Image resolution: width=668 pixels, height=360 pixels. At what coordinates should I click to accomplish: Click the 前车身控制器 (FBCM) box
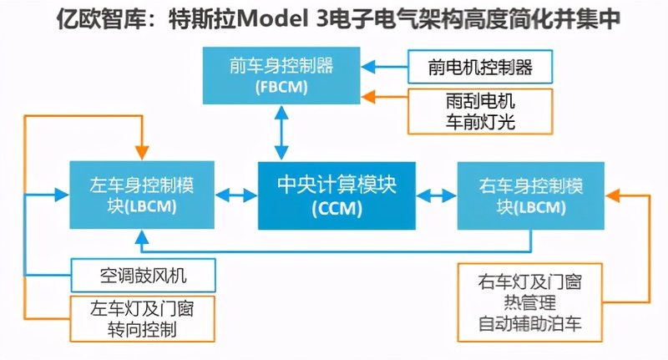pyautogui.click(x=281, y=75)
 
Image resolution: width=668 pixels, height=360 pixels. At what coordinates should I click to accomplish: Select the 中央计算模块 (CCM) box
pyautogui.click(x=337, y=195)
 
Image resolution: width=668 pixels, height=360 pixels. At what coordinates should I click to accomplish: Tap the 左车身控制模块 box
pyautogui.click(x=142, y=195)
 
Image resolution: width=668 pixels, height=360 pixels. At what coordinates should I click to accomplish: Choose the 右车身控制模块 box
pyautogui.click(x=531, y=195)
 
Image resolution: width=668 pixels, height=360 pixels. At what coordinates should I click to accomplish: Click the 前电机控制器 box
pyautogui.click(x=480, y=67)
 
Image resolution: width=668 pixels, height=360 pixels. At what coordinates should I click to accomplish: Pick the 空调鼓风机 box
pyautogui.click(x=143, y=275)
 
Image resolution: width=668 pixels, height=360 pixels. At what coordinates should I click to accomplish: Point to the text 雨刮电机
pyautogui.click(x=480, y=101)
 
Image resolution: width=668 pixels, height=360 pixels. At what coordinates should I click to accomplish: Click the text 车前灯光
pyautogui.click(x=480, y=122)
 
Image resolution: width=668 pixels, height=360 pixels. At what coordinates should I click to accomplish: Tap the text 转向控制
pyautogui.click(x=142, y=330)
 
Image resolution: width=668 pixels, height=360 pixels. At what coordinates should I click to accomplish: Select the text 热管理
pyautogui.click(x=530, y=302)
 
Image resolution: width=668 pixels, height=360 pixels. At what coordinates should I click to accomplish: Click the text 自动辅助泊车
pyautogui.click(x=530, y=323)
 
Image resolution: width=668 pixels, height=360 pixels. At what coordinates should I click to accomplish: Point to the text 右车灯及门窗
pyautogui.click(x=530, y=281)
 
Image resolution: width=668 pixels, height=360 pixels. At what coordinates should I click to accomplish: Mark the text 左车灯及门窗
pyautogui.click(x=142, y=309)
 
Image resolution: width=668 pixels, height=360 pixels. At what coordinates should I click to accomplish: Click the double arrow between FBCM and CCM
pyautogui.click(x=281, y=133)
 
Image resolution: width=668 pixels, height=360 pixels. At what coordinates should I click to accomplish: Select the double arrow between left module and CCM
pyautogui.click(x=236, y=195)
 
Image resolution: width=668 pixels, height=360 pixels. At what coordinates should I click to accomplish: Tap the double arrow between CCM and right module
pyautogui.click(x=436, y=195)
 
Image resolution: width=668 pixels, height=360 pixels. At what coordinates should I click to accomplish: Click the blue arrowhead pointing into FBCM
pyautogui.click(x=368, y=67)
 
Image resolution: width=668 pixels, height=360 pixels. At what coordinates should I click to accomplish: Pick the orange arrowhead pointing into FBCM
pyautogui.click(x=368, y=97)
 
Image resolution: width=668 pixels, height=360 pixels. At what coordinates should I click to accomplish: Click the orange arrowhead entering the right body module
pyautogui.click(x=613, y=195)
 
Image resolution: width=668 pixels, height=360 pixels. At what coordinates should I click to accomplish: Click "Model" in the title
pyautogui.click(x=271, y=19)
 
